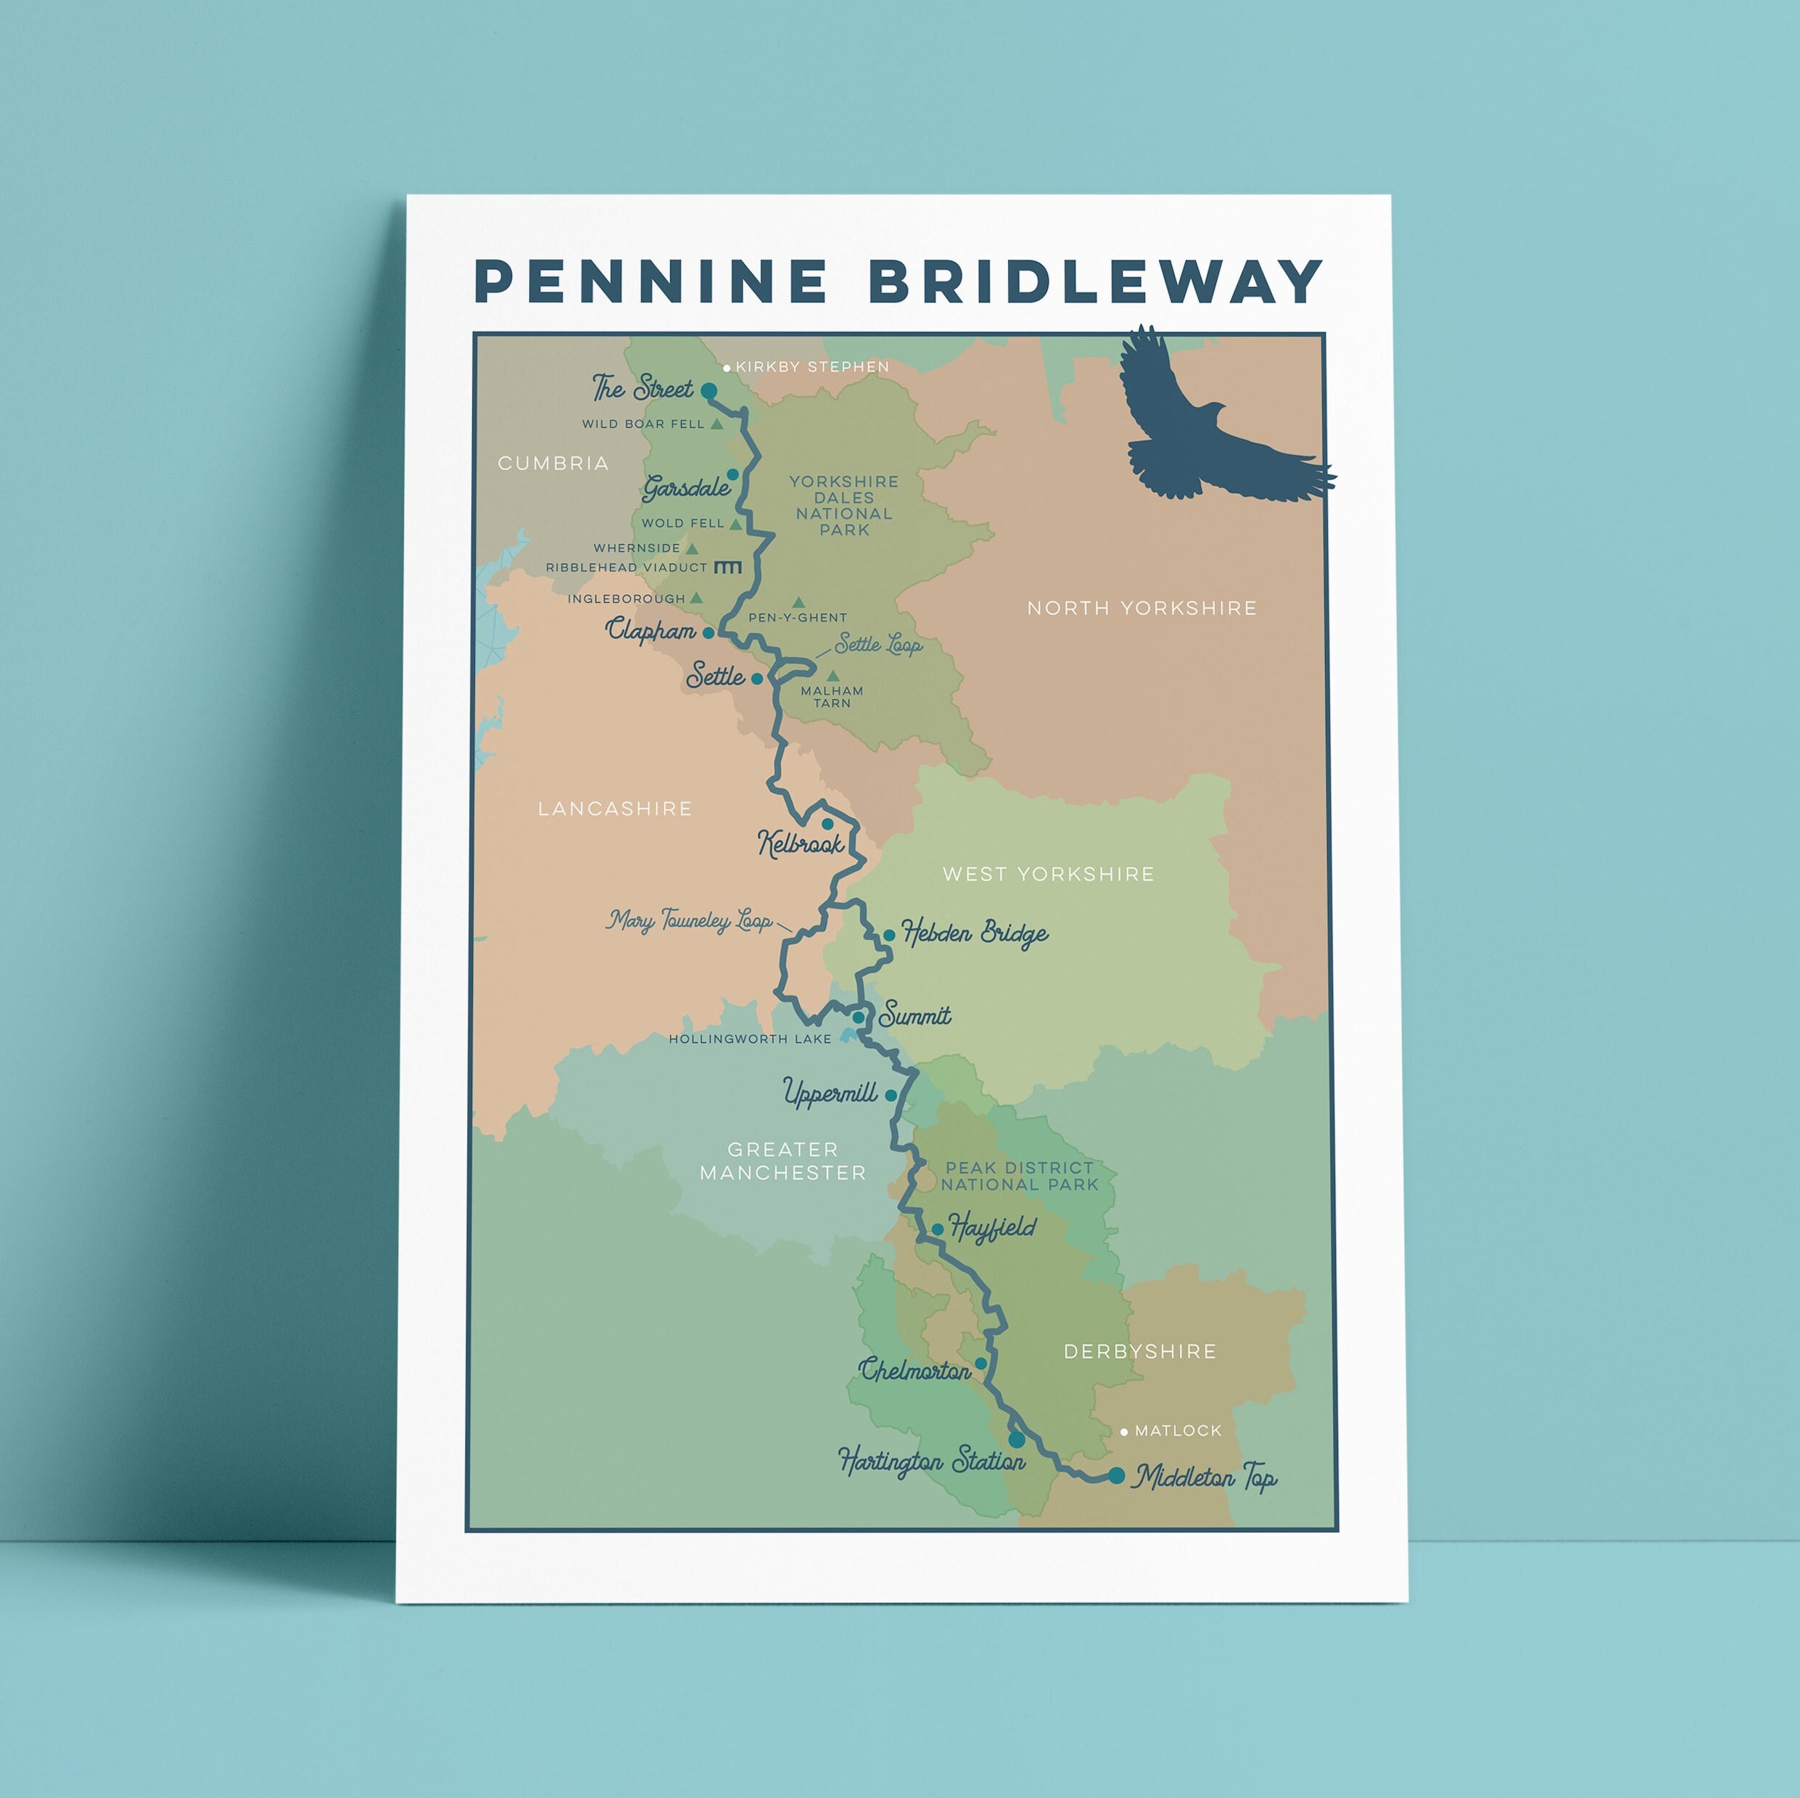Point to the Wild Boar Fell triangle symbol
pyautogui.click(x=717, y=424)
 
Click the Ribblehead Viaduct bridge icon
pyautogui.click(x=727, y=567)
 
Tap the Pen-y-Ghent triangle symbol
pyautogui.click(x=798, y=603)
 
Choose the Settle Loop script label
pyautogui.click(x=878, y=645)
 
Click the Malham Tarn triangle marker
pyautogui.click(x=833, y=675)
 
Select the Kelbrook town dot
pyautogui.click(x=827, y=823)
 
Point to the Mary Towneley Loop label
pyautogui.click(x=690, y=921)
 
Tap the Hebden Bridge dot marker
pyautogui.click(x=889, y=934)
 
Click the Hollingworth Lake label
pyautogui.click(x=749, y=1039)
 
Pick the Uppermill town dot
pyautogui.click(x=891, y=1096)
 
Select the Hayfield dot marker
pyautogui.click(x=937, y=1229)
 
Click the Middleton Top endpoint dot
pyautogui.click(x=1116, y=1476)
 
